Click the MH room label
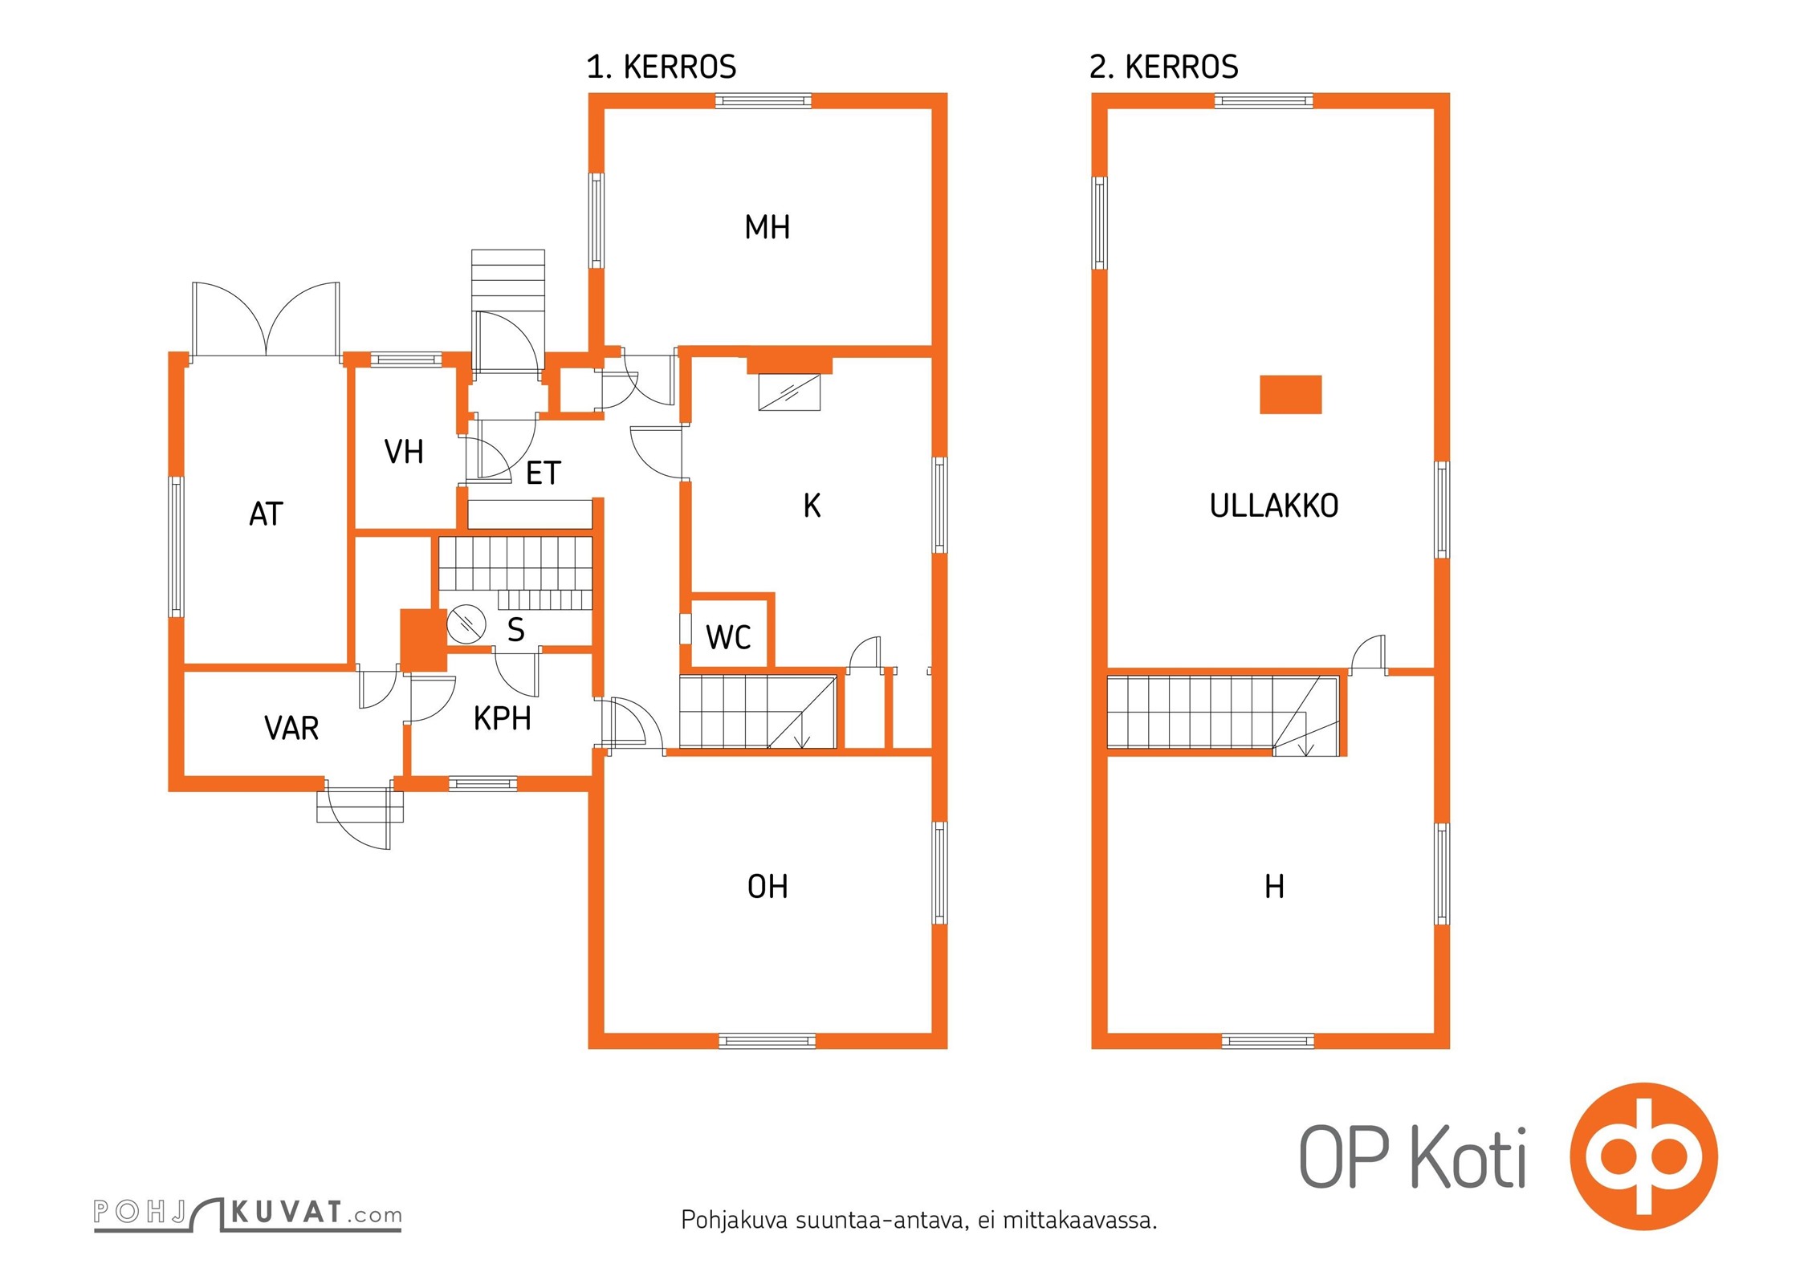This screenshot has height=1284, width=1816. (x=767, y=227)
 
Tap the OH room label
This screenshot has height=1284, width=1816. (x=768, y=887)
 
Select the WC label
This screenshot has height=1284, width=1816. (x=728, y=637)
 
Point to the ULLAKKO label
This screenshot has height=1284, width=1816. (x=1274, y=506)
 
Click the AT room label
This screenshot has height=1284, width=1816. (x=266, y=514)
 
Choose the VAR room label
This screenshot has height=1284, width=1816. (x=291, y=728)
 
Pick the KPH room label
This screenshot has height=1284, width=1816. (x=503, y=718)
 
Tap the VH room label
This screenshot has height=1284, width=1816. (x=404, y=452)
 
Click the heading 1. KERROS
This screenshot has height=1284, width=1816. (x=661, y=67)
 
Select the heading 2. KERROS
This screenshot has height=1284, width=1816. (x=1163, y=67)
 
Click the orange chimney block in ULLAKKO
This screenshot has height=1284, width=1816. (x=1290, y=395)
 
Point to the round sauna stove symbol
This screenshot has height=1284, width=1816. (x=466, y=624)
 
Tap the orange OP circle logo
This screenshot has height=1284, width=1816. (x=1643, y=1156)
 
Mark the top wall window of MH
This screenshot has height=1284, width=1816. (x=763, y=100)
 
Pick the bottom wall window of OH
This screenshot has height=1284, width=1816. (x=767, y=1041)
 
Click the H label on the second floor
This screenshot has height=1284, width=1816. (x=1274, y=887)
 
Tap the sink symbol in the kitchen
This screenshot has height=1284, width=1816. (x=789, y=392)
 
